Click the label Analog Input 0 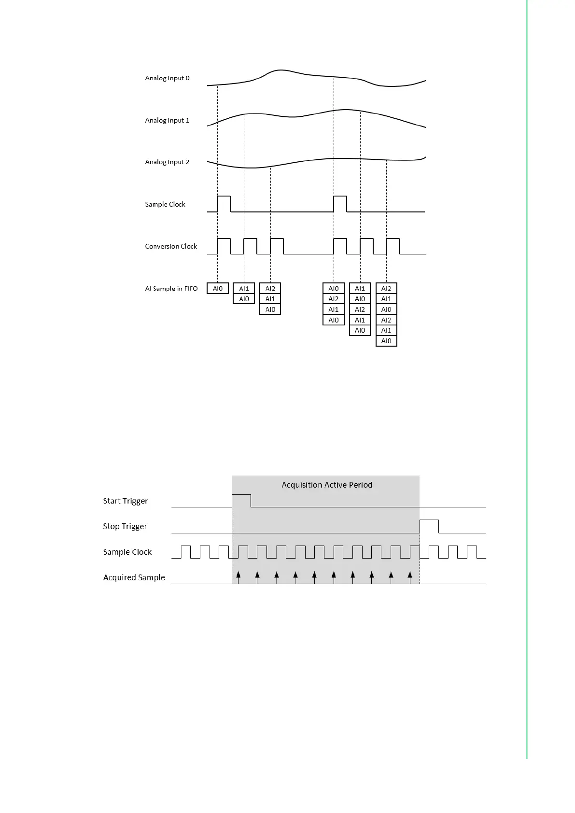[x=167, y=78]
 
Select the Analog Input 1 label [x=167, y=120]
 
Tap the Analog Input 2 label [x=167, y=162]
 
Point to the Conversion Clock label [x=171, y=246]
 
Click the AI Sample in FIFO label [x=171, y=289]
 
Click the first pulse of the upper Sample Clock [x=224, y=203]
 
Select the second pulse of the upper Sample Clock [x=340, y=203]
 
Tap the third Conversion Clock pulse [x=277, y=246]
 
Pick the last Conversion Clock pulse [x=393, y=246]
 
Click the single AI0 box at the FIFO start [x=218, y=289]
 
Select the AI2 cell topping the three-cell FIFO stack [x=270, y=289]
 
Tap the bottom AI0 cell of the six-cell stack [x=386, y=341]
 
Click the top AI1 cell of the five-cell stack [x=360, y=289]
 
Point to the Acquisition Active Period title [x=327, y=485]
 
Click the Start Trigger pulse [x=241, y=501]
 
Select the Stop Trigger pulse [x=429, y=526]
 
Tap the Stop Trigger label [x=125, y=526]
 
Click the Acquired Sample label [x=134, y=577]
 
